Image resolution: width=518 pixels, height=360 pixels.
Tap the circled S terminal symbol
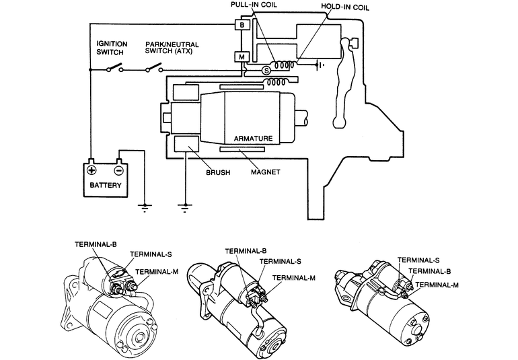tap(266, 70)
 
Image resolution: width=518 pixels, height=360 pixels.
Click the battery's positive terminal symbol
tap(91, 171)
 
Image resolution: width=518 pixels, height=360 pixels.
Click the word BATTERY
tap(104, 185)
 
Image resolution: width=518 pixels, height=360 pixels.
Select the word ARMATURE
tap(253, 139)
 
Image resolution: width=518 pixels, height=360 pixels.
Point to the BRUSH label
tap(217, 172)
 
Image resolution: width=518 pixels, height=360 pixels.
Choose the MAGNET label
tap(265, 172)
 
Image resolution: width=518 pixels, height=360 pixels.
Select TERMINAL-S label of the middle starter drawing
tap(280, 261)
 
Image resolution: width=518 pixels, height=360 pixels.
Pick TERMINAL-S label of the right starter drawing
tap(418, 260)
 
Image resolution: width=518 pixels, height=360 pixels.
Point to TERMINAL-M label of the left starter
tap(157, 272)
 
